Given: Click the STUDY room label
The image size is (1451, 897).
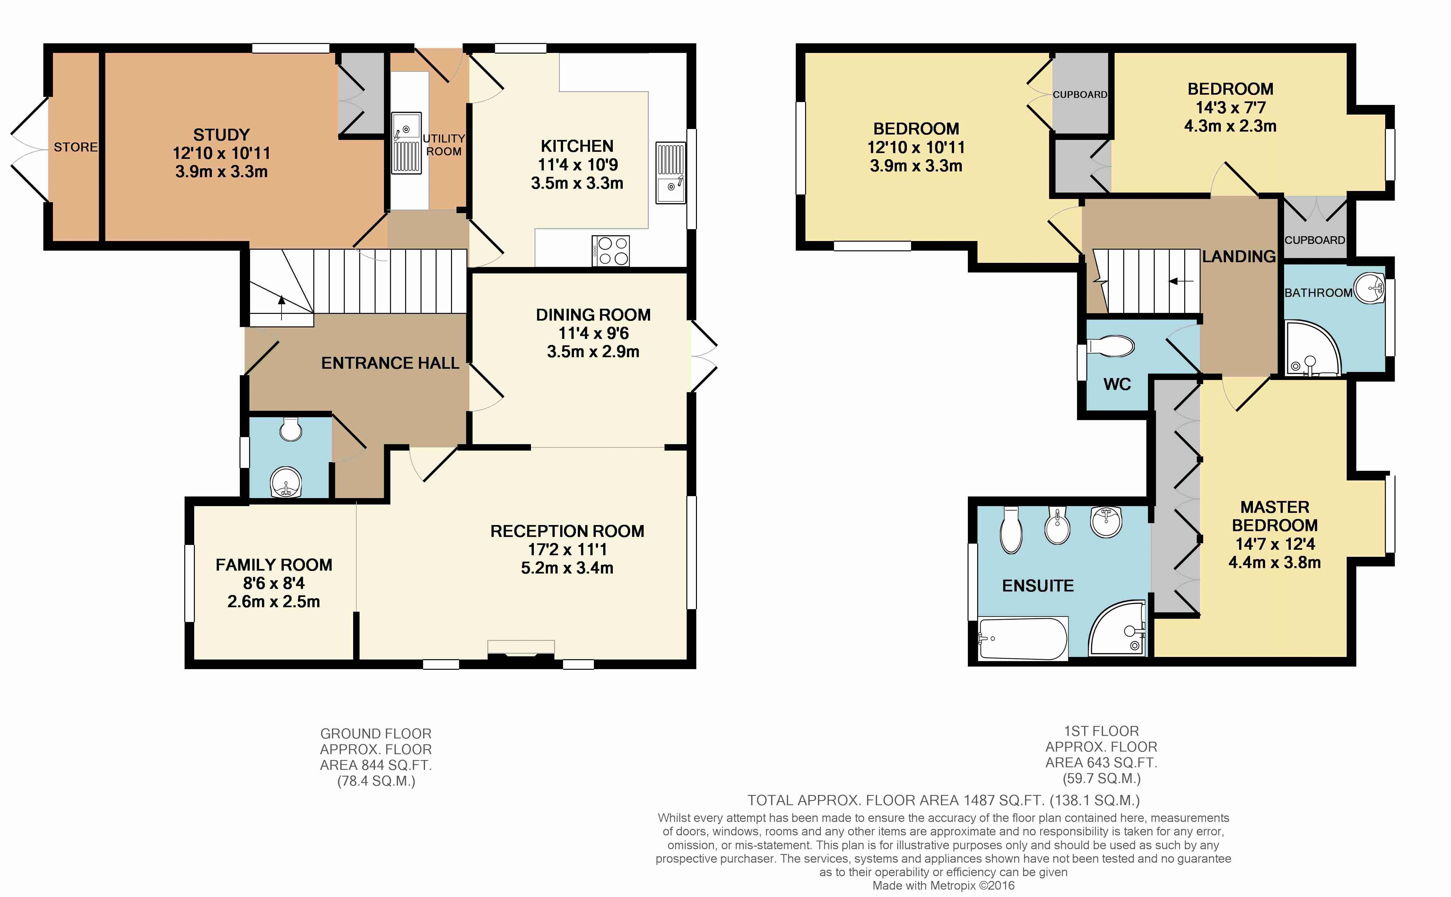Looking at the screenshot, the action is click(x=222, y=135).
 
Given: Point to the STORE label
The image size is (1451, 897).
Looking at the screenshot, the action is click(x=75, y=147).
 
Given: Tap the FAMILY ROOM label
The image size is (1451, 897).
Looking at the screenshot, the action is click(x=274, y=565).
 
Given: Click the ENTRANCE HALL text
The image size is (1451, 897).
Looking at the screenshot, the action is click(x=390, y=363).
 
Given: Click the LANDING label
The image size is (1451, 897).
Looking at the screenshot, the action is click(x=1239, y=256).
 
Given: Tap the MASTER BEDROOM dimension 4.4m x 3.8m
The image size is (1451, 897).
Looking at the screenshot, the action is click(x=1275, y=562).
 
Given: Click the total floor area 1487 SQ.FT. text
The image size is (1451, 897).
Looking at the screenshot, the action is click(x=943, y=800).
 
